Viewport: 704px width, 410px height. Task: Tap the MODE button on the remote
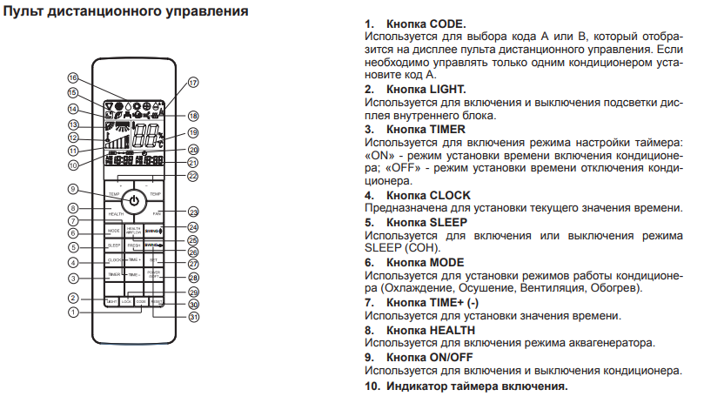click(113, 232)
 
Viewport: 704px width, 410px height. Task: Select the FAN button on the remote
click(158, 212)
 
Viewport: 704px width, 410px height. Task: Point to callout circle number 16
click(73, 78)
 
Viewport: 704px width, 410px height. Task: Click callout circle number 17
click(193, 83)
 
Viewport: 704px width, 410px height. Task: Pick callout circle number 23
click(193, 212)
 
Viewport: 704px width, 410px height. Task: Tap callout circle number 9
click(73, 190)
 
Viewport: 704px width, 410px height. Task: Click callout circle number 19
click(193, 133)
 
